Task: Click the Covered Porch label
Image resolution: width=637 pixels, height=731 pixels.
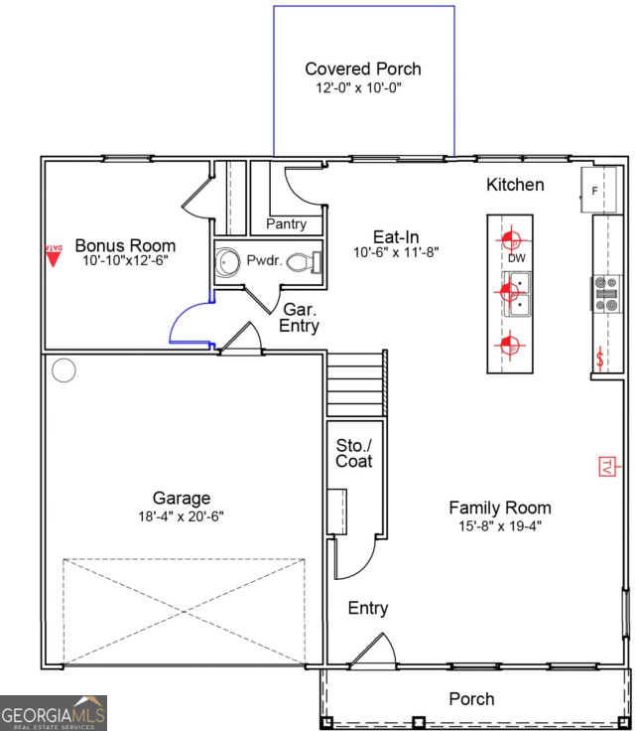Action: [362, 69]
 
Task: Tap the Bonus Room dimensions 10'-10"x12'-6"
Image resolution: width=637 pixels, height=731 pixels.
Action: [125, 262]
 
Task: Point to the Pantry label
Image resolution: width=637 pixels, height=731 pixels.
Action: [286, 223]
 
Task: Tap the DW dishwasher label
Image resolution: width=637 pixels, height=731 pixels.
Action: [516, 258]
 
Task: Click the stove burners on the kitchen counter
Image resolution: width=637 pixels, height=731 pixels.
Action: [606, 293]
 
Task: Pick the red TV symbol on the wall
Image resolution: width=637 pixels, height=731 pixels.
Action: [606, 466]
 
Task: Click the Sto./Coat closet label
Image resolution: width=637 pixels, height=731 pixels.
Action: [353, 453]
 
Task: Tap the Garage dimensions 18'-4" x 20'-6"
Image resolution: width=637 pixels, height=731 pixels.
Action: [181, 516]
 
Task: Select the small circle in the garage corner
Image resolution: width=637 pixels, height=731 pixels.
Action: [64, 371]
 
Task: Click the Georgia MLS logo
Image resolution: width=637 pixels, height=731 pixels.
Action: [54, 713]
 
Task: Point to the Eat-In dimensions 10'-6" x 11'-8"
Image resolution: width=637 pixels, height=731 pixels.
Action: [396, 252]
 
